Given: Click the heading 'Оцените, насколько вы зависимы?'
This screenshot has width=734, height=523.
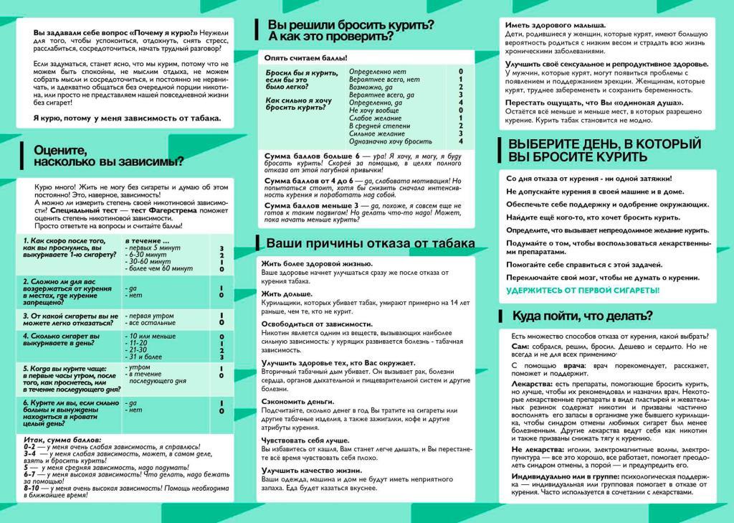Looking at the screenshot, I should (108, 156).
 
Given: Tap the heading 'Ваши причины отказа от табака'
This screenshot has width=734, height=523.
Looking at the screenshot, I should (364, 242).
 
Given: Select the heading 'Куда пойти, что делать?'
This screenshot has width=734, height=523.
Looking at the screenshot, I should (581, 316).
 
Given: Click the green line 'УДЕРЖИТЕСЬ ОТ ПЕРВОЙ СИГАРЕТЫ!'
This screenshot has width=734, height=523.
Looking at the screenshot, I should (583, 291).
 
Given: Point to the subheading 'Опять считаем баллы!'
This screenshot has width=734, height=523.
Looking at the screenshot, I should (305, 57).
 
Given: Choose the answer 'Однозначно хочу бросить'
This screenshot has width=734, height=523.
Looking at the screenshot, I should (390, 141).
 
